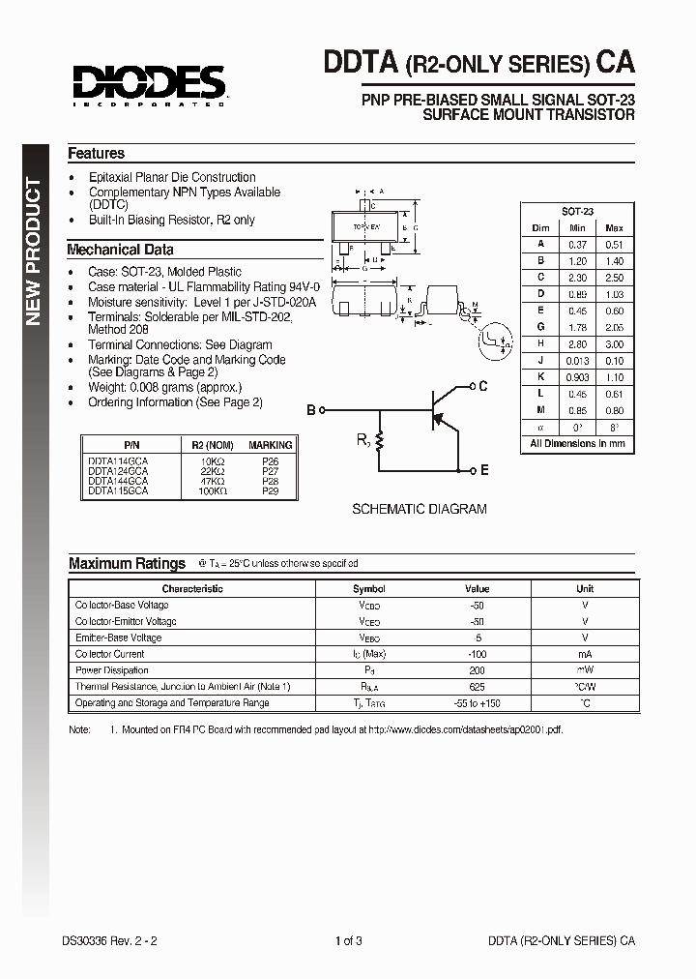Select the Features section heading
(96, 154)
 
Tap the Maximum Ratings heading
(127, 564)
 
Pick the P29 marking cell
(270, 491)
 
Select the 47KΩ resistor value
(213, 480)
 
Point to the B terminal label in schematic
(311, 410)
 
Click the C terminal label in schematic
(483, 386)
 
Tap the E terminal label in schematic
(483, 470)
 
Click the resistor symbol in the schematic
(379, 441)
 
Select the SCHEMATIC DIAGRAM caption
(419, 509)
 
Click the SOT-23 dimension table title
(577, 211)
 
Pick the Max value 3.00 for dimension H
(613, 343)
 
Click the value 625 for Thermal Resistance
(477, 687)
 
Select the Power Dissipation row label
(112, 670)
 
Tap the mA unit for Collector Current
(585, 654)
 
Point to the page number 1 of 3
(348, 939)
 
